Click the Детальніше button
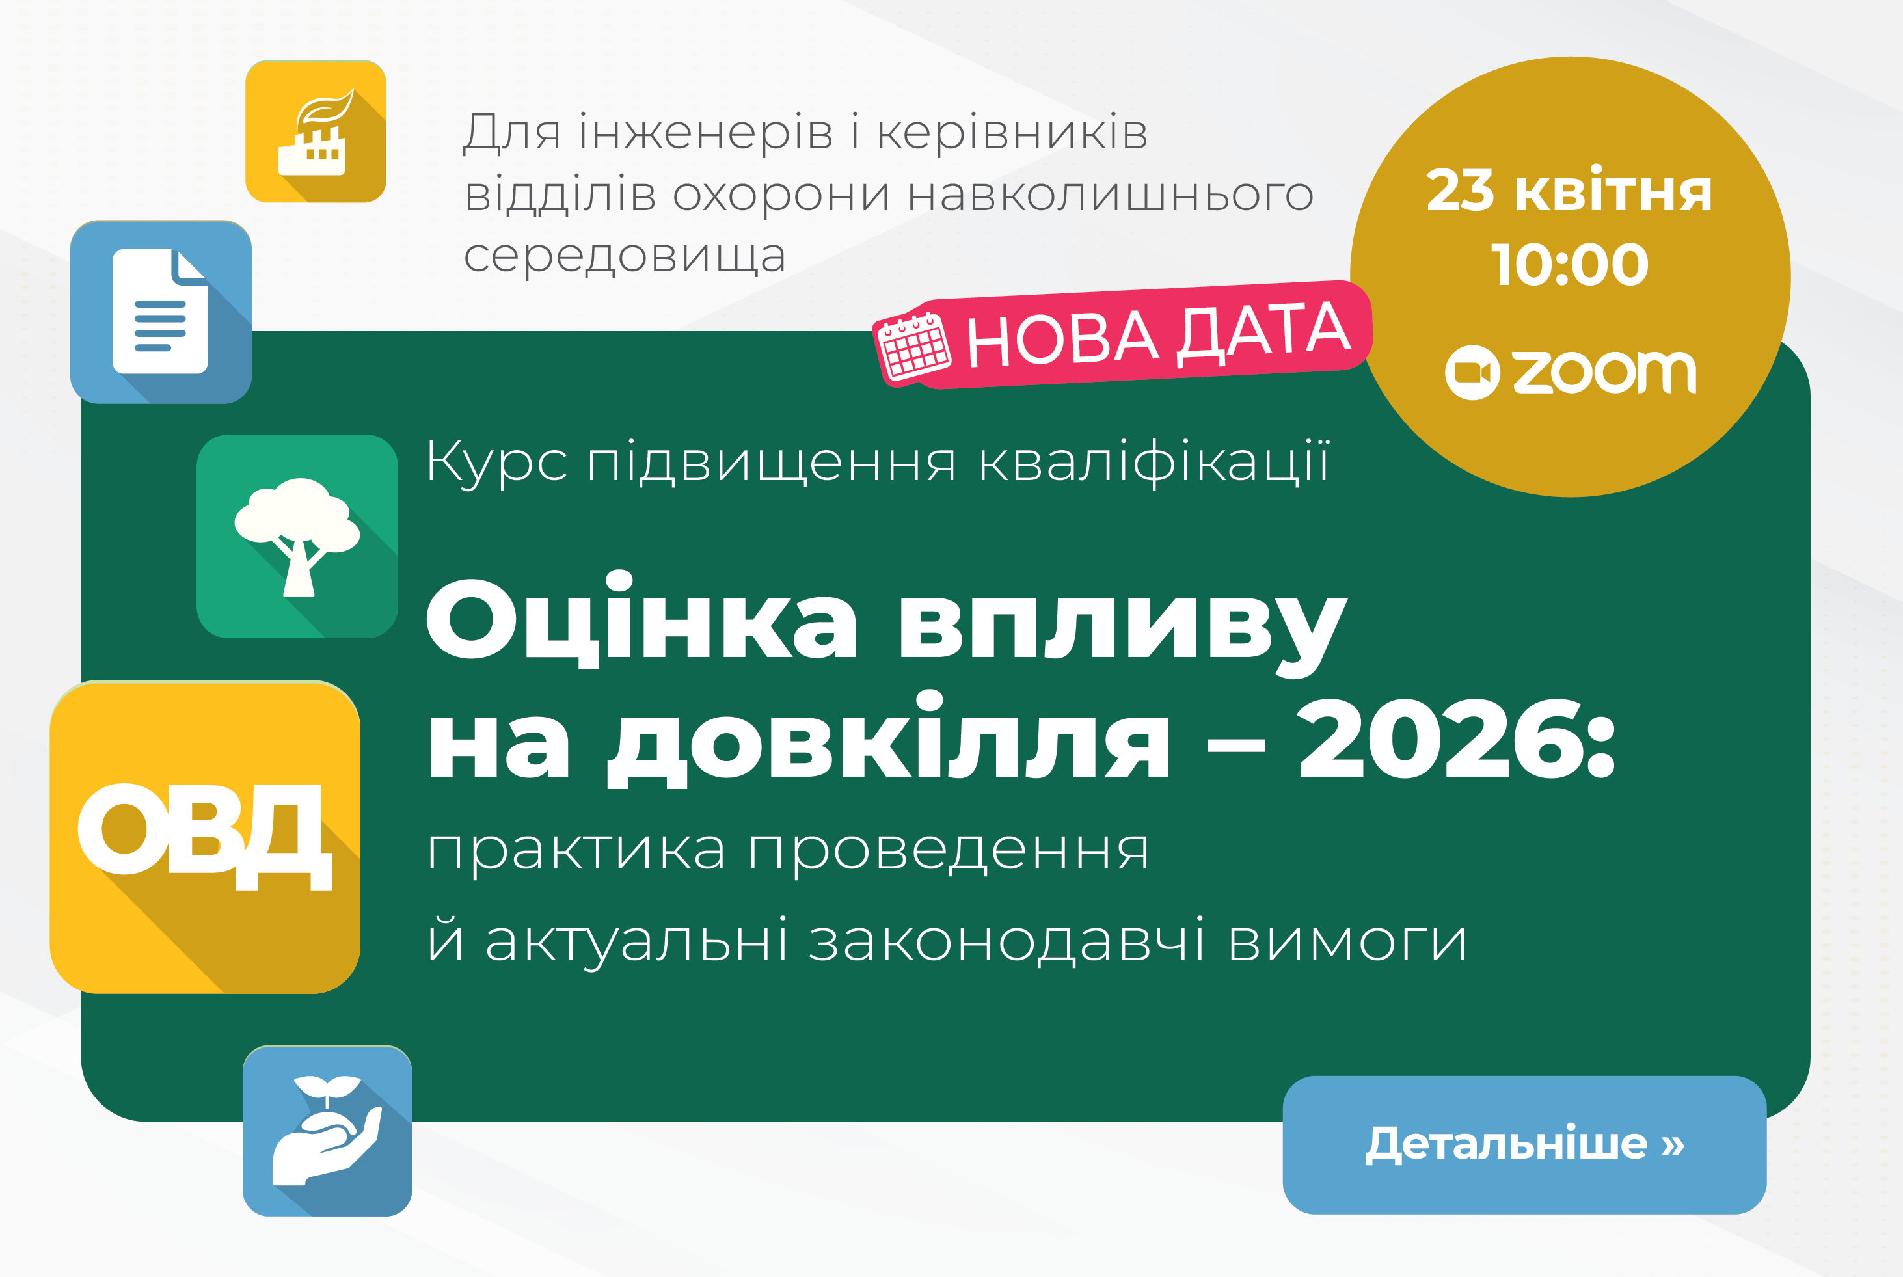point(1524,1144)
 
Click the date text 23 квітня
point(1569,191)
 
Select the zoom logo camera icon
point(1472,372)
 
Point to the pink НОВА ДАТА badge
point(1124,334)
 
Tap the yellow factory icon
point(316,131)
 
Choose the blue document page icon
point(161,312)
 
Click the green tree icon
point(297,536)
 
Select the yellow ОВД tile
point(205,837)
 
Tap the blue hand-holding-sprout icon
point(327,1131)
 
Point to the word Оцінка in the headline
point(641,619)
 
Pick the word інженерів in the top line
point(707,133)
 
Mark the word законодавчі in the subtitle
point(1007,941)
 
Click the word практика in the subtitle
point(576,851)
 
